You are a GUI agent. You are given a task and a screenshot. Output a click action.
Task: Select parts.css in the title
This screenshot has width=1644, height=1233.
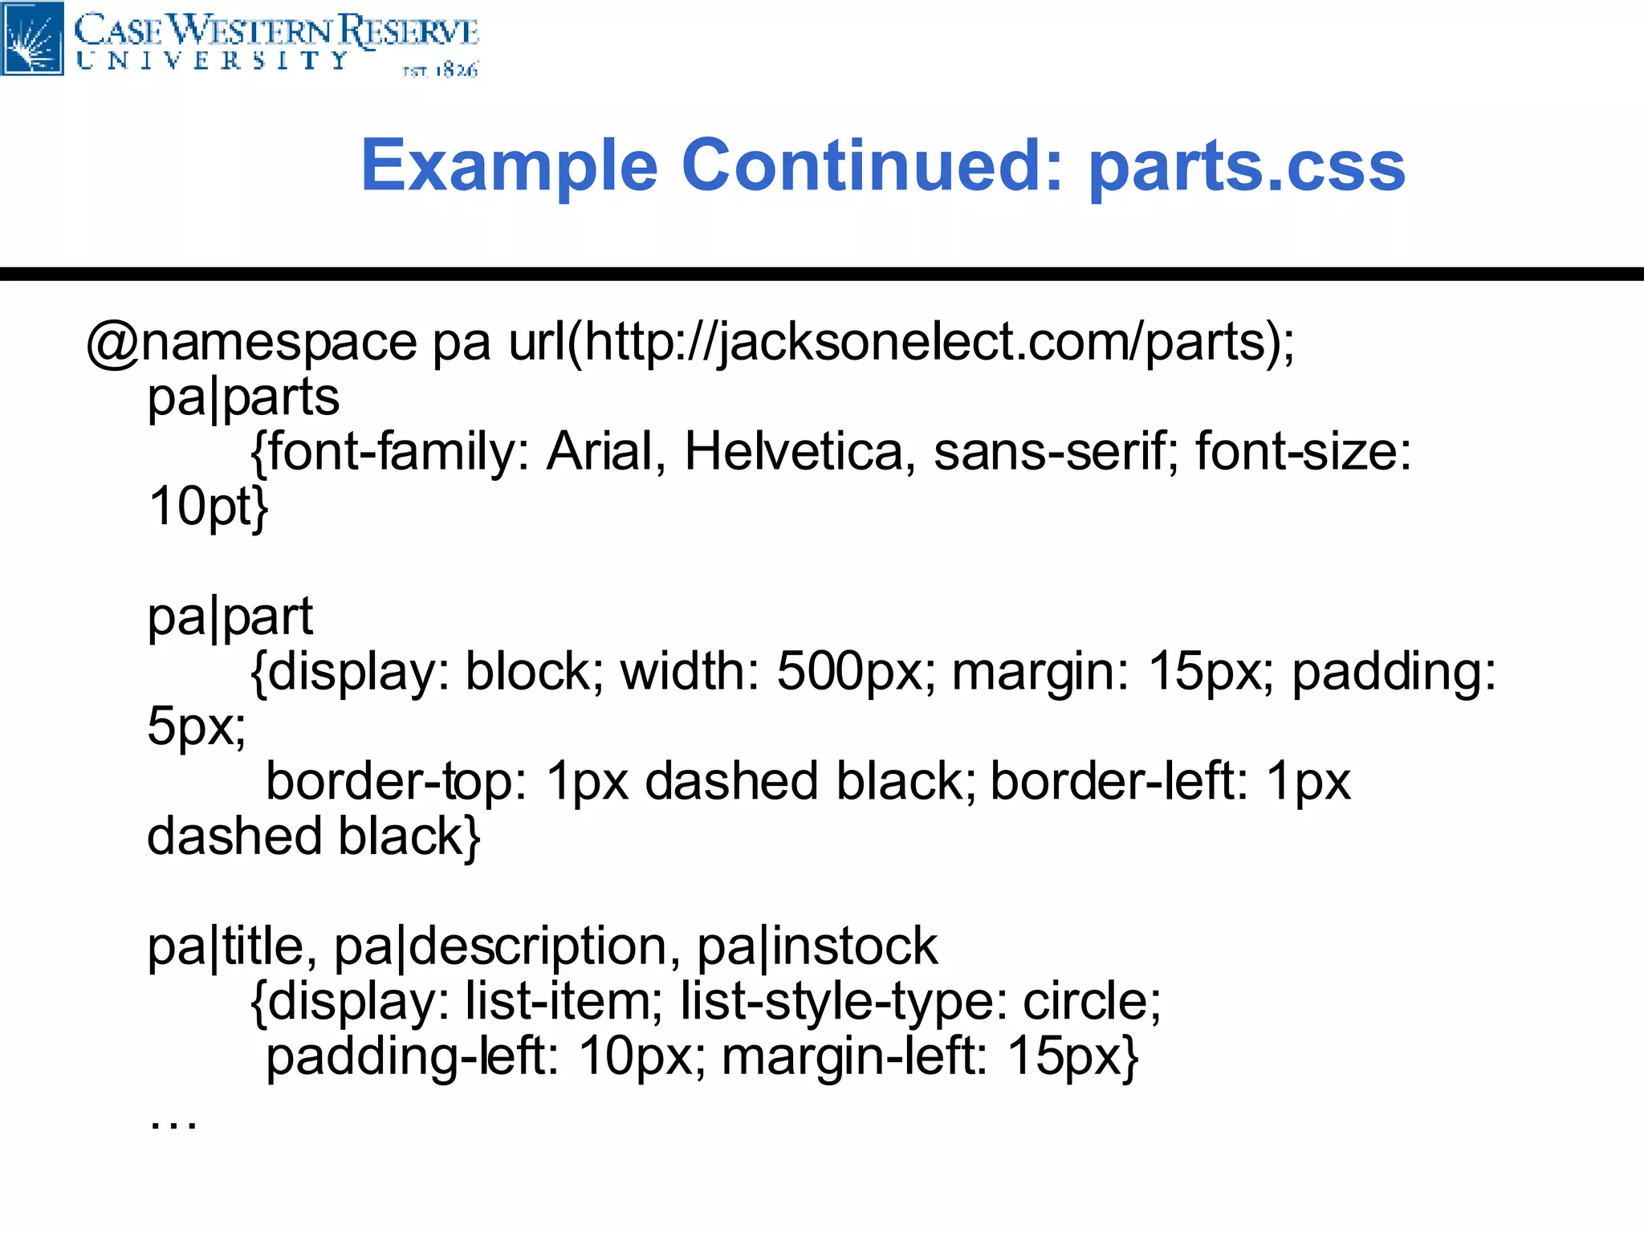(x=1247, y=166)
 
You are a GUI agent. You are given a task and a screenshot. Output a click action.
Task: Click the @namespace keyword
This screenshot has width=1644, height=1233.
(x=251, y=343)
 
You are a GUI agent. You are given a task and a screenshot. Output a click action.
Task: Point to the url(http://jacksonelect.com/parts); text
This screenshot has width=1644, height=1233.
(x=901, y=343)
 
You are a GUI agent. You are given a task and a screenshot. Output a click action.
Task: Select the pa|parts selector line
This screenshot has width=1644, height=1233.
(x=243, y=397)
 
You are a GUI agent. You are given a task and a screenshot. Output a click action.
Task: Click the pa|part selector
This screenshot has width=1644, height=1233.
(x=230, y=617)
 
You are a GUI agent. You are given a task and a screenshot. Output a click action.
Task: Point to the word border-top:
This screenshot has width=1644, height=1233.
(x=396, y=781)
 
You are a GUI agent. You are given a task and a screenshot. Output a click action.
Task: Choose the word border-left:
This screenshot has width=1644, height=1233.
(x=1119, y=781)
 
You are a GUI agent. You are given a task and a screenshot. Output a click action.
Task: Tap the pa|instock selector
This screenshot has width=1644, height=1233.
(x=816, y=947)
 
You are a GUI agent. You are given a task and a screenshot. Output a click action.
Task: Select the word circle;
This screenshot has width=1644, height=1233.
(x=1092, y=1002)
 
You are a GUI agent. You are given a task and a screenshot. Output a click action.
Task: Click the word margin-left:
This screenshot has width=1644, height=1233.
(x=854, y=1056)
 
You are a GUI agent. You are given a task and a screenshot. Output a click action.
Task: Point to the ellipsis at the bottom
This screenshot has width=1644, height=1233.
(x=173, y=1122)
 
